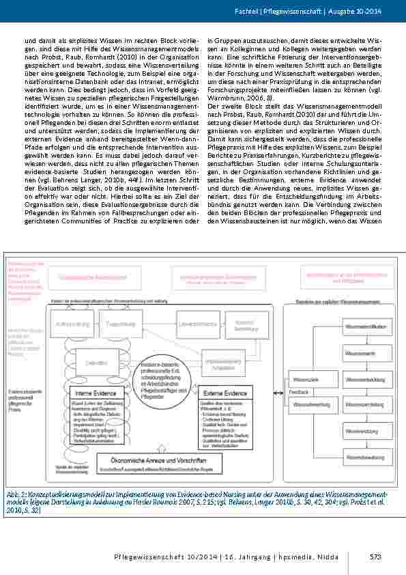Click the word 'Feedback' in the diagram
(x=299, y=392)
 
